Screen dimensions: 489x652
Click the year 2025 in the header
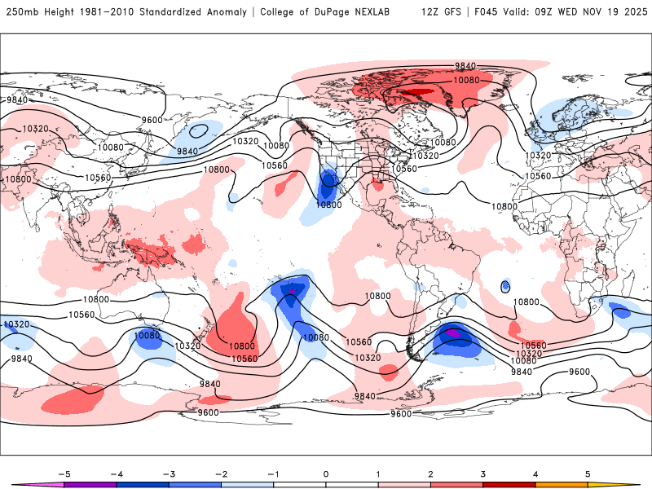coord(632,12)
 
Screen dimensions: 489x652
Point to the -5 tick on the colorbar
coord(63,473)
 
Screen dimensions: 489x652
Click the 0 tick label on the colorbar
coord(326,473)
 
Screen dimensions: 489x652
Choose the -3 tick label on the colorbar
coord(168,473)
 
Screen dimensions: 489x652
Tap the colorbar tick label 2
coord(431,473)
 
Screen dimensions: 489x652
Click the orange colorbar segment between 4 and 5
coord(562,484)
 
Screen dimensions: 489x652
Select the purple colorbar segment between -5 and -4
coord(90,484)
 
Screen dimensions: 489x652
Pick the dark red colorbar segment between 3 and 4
coord(509,484)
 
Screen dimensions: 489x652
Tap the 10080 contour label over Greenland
coord(466,80)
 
